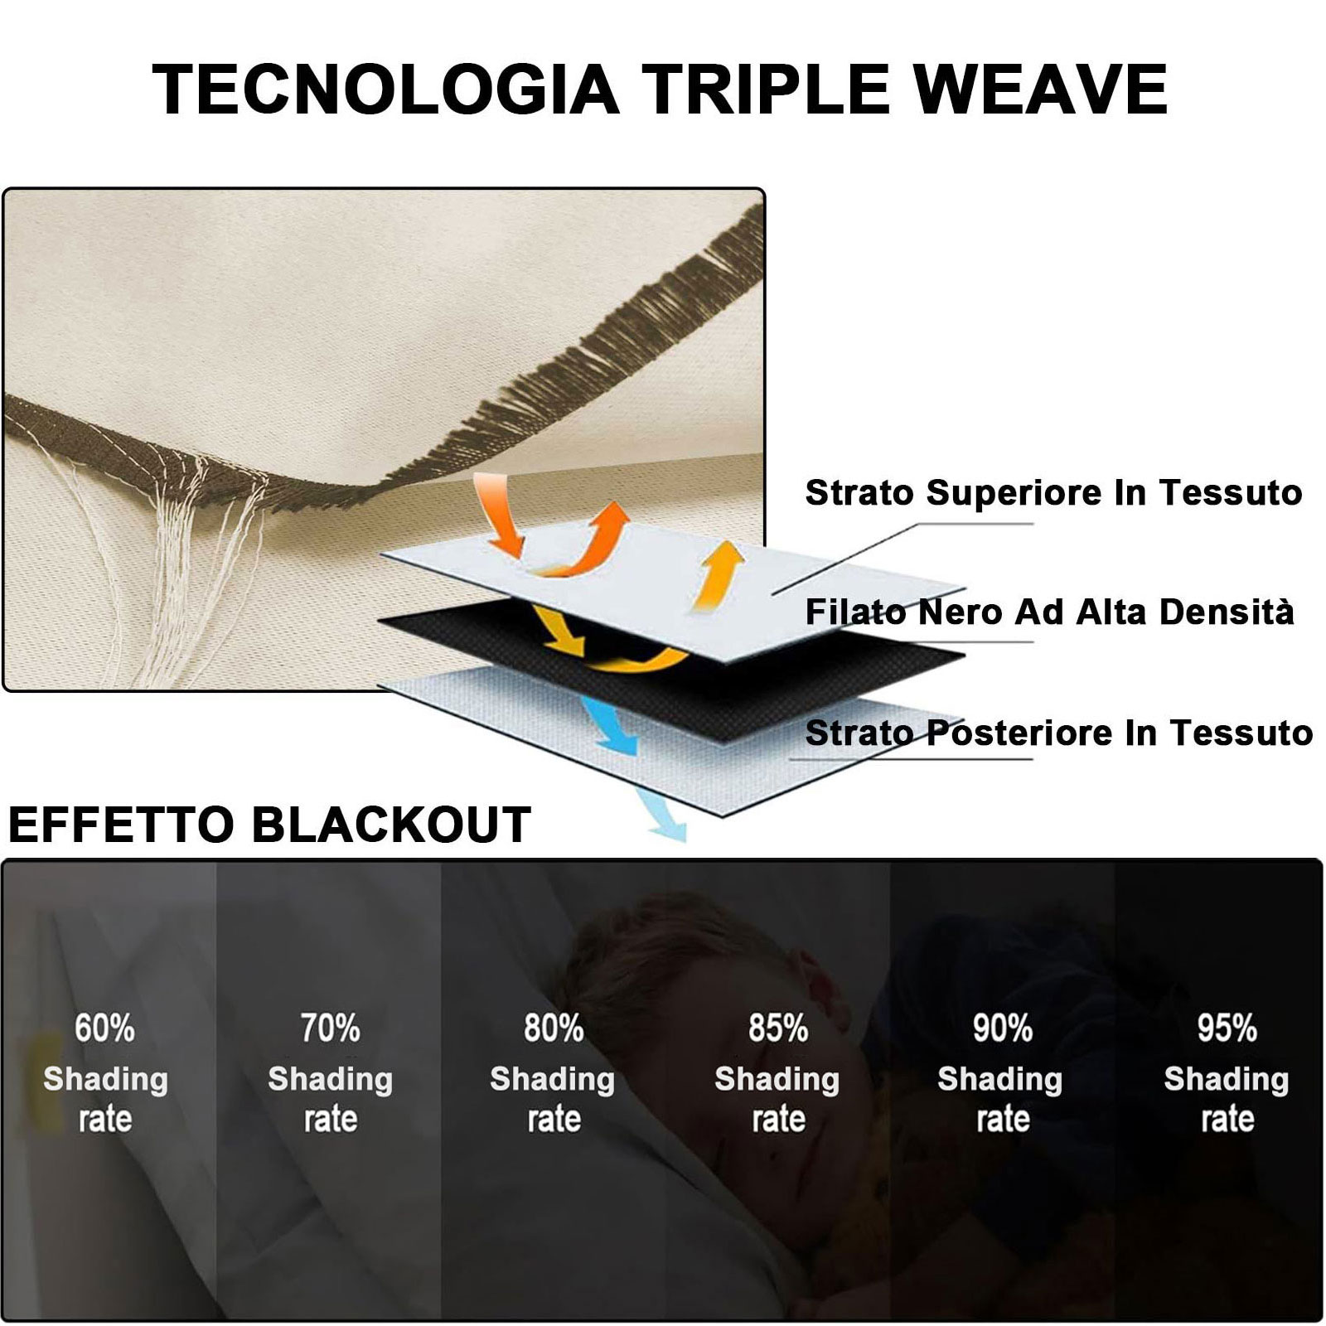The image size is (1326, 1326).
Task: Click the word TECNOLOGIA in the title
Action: (386, 89)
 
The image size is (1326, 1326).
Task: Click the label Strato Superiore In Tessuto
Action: (1053, 493)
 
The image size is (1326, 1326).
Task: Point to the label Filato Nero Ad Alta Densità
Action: (1049, 612)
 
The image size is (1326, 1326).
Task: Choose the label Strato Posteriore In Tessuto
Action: (1059, 733)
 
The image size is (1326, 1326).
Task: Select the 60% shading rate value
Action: (104, 1028)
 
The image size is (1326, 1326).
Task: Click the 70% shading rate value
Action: (330, 1028)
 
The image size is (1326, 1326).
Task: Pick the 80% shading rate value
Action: (554, 1028)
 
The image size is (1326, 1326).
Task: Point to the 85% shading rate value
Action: (778, 1028)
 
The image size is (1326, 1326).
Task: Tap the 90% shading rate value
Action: (1002, 1028)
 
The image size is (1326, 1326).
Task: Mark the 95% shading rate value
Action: (1227, 1028)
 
